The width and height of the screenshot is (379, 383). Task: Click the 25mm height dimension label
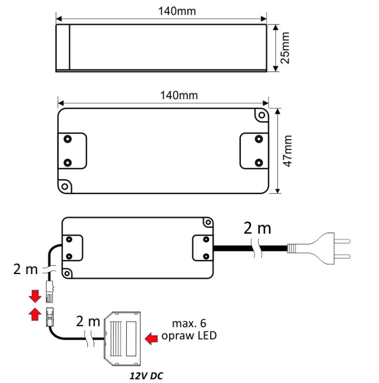(x=285, y=48)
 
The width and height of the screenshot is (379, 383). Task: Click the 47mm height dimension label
(x=288, y=151)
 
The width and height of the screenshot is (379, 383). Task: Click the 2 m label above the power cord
(x=257, y=229)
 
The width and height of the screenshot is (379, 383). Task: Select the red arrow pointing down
(x=35, y=297)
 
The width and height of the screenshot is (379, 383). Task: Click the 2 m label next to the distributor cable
(x=89, y=322)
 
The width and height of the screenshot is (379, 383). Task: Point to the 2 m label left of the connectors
(x=26, y=269)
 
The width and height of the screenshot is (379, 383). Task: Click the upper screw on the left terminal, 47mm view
(x=67, y=139)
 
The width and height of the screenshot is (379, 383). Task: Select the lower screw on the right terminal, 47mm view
(x=259, y=163)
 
